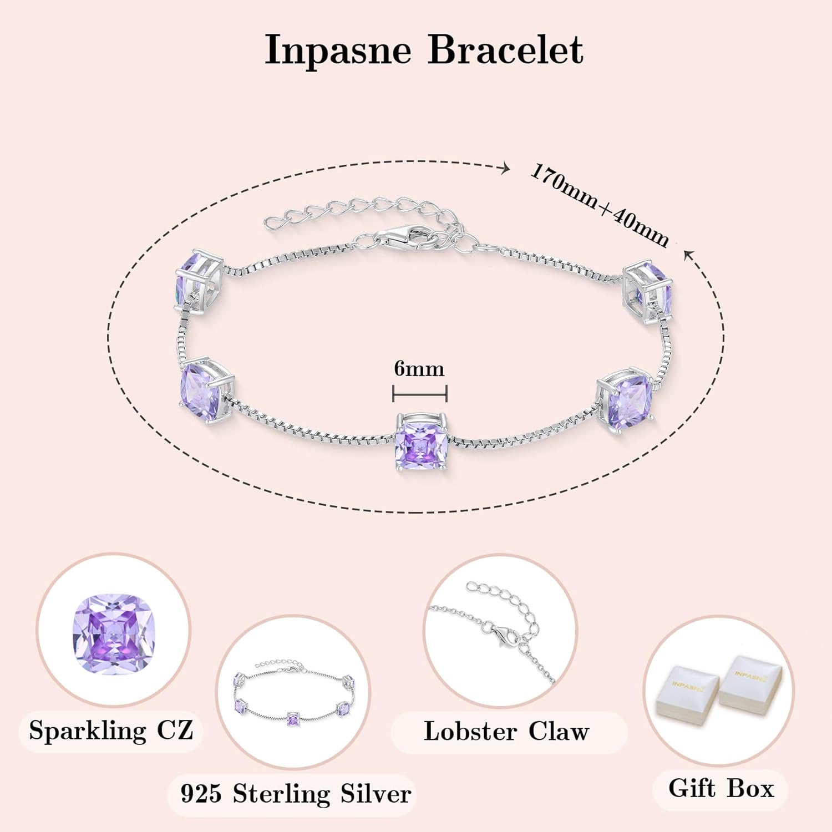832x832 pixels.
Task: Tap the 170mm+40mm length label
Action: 600,205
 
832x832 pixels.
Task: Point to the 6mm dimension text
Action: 419,369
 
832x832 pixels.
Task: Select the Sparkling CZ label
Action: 111,730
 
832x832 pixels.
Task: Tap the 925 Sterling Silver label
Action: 296,794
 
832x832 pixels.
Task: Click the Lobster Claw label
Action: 506,732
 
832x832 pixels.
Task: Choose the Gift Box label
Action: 721,788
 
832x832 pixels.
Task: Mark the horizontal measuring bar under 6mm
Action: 419,394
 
